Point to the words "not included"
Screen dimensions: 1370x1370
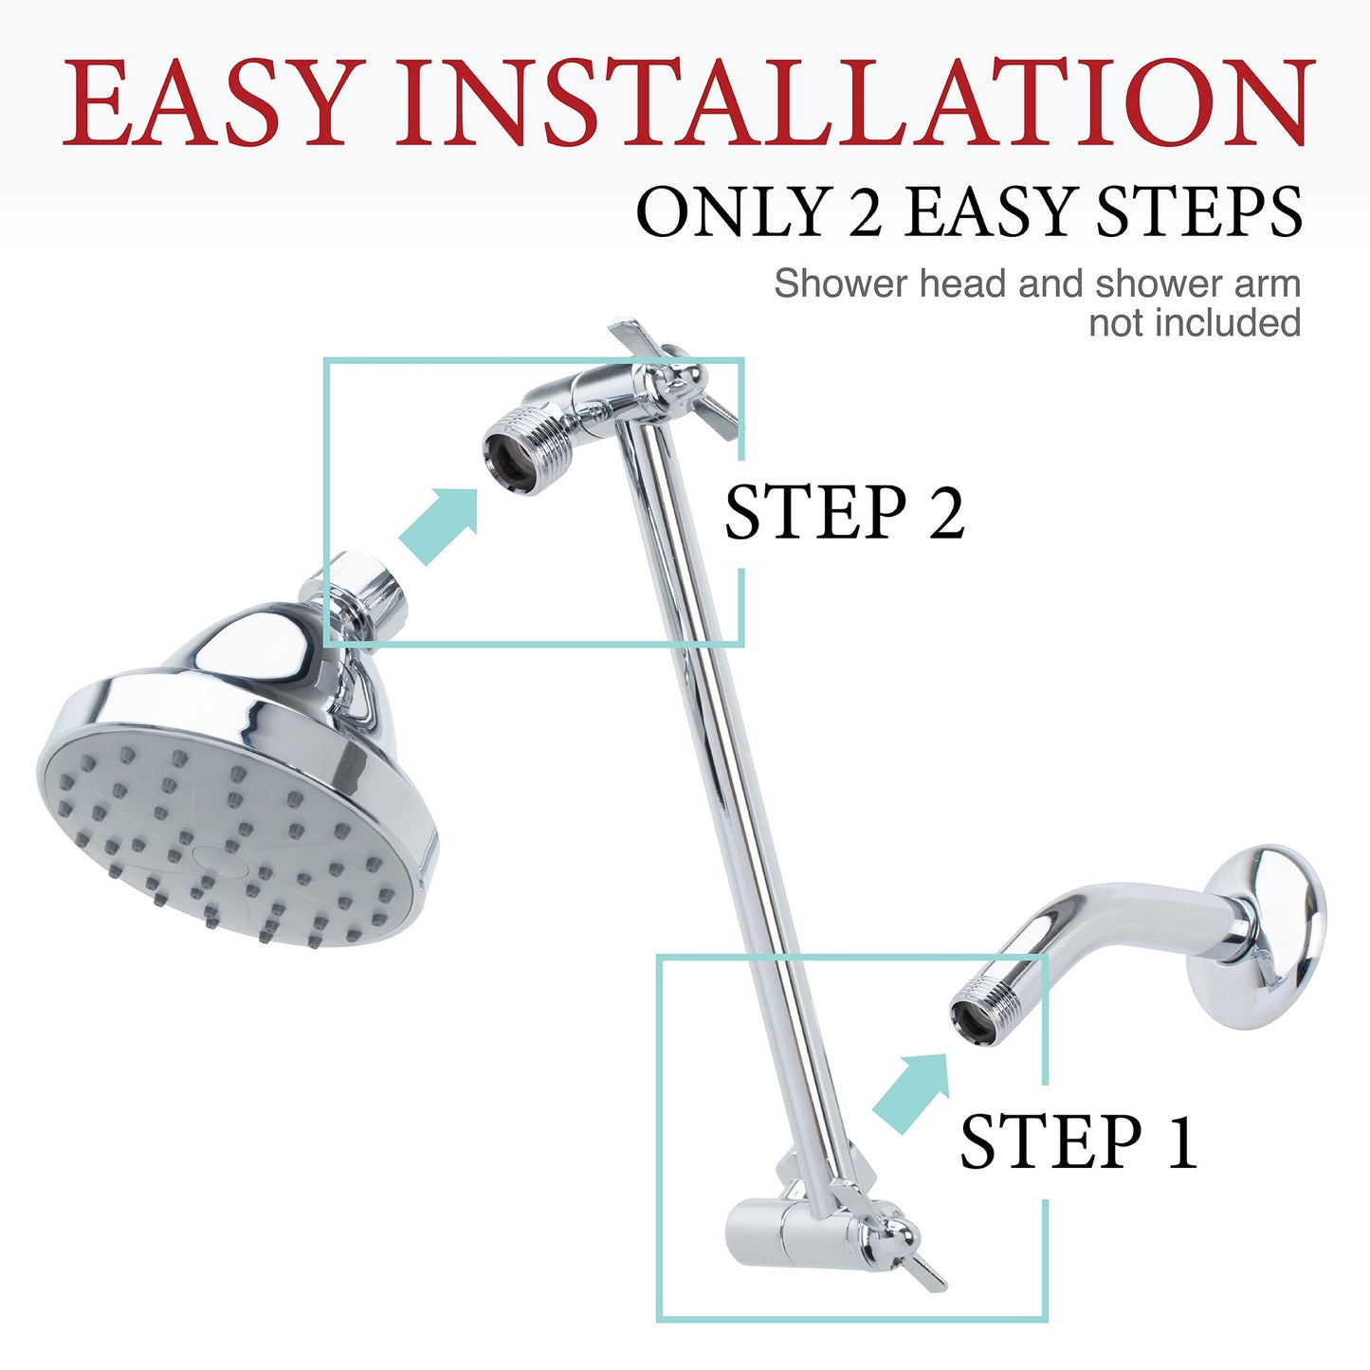[1195, 323]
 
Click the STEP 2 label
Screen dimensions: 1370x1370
[844, 513]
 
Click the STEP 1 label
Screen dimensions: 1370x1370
[1078, 1142]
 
